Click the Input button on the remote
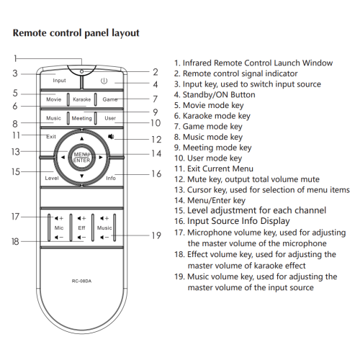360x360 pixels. (59, 81)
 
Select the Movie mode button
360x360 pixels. (54, 99)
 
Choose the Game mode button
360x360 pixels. (109, 99)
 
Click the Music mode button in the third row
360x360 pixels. (54, 117)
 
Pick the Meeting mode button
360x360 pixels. (81, 117)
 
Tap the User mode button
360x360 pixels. (109, 117)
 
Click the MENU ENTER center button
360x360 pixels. (81, 156)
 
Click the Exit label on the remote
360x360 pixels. (52, 136)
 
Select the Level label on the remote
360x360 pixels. (51, 177)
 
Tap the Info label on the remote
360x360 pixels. (111, 177)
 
